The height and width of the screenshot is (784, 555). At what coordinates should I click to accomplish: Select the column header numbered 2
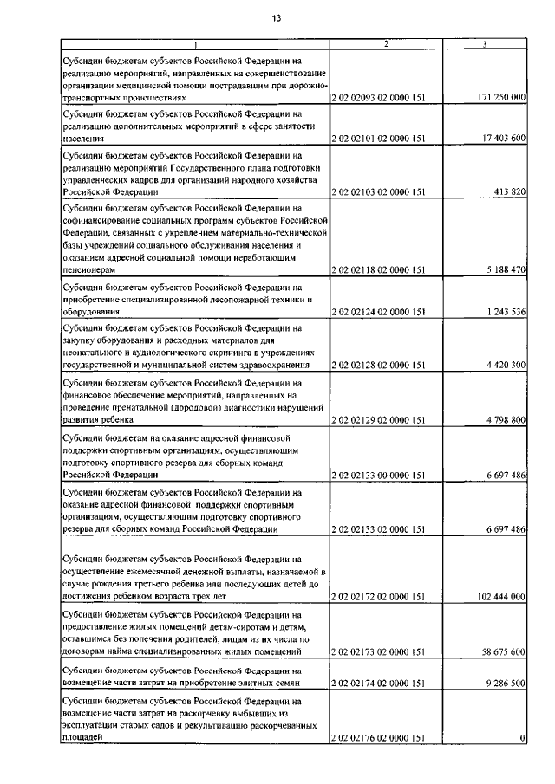386,44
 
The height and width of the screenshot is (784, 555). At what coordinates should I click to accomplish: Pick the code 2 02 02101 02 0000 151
378,138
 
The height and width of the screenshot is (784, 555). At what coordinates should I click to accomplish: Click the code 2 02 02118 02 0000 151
378,270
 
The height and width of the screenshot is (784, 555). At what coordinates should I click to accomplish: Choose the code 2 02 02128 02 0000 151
378,366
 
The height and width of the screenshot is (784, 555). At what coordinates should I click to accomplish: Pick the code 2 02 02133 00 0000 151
378,475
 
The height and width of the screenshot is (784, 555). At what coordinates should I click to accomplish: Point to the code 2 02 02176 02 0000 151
378,737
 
